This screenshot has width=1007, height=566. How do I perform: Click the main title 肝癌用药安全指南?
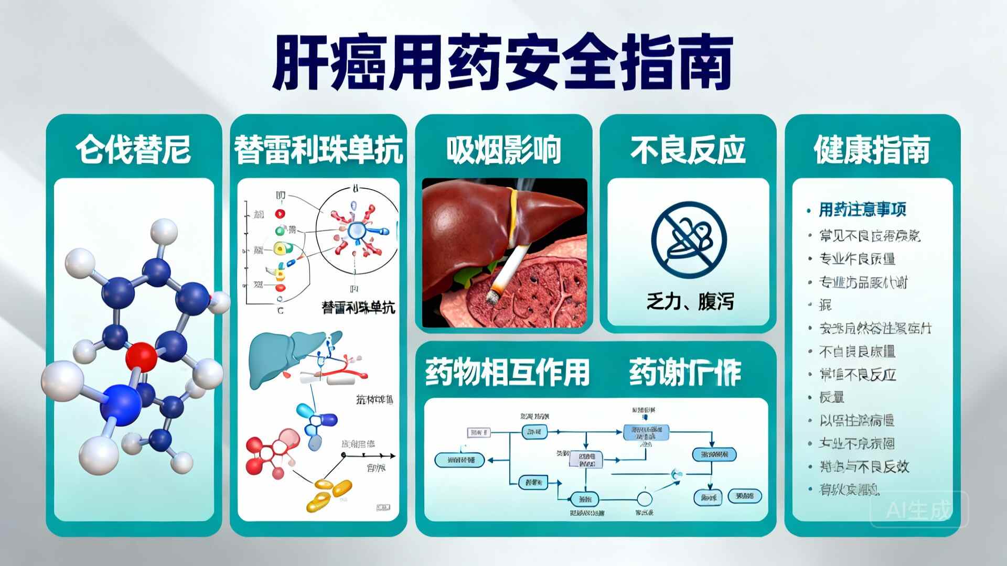tap(502, 62)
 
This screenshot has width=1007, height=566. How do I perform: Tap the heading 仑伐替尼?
tap(133, 149)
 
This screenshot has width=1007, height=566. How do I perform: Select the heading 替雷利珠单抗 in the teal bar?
tap(318, 149)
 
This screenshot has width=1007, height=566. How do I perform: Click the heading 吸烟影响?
tap(504, 149)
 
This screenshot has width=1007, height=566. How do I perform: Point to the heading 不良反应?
tap(688, 149)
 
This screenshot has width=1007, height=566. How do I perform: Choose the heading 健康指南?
tap(872, 149)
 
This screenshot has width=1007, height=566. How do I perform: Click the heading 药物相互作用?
tap(507, 372)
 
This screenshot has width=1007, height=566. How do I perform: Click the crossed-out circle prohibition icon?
tap(689, 239)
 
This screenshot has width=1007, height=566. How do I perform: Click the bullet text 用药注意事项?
tap(862, 210)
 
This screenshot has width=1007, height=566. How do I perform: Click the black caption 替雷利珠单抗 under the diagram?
tap(358, 307)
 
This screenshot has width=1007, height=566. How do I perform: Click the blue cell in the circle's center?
tap(357, 230)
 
